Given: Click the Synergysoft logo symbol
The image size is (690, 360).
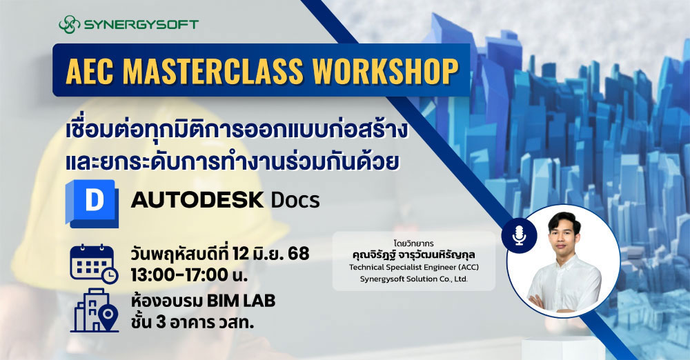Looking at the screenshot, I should pos(70,25).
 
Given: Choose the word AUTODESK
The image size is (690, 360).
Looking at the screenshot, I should pos(197,201).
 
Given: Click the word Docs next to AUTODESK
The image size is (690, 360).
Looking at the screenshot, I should pos(295,201).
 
